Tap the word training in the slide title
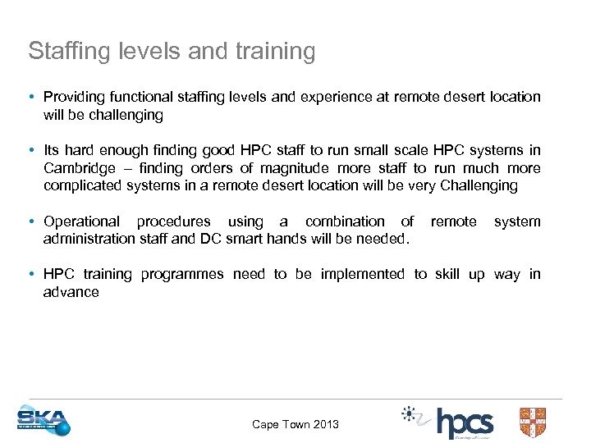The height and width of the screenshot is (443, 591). pyautogui.click(x=274, y=52)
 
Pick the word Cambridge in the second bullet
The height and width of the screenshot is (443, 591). pyautogui.click(x=79, y=168)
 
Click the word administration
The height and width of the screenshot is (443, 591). pyautogui.click(x=89, y=239)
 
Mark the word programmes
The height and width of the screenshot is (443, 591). pyautogui.click(x=182, y=274)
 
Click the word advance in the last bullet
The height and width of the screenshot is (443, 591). pyautogui.click(x=71, y=292)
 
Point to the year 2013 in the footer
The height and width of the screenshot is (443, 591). pyautogui.click(x=323, y=424)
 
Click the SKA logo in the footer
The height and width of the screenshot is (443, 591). pyautogui.click(x=44, y=420)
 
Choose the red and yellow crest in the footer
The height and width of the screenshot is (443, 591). pyautogui.click(x=533, y=422)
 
